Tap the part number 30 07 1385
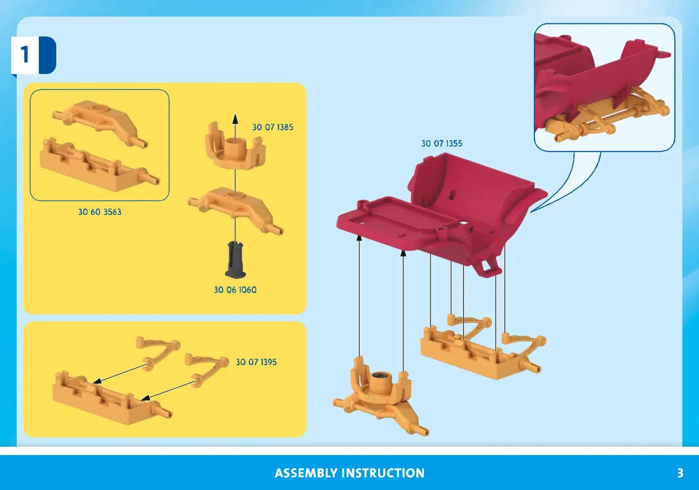point(273,127)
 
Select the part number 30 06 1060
point(235,290)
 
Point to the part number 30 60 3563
point(100,212)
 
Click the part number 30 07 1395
point(256,362)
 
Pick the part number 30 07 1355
point(442,143)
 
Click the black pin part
point(235,259)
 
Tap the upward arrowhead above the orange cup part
point(235,119)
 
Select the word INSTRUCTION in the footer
point(383,473)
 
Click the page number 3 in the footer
point(680,473)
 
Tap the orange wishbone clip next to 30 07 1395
point(207,369)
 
